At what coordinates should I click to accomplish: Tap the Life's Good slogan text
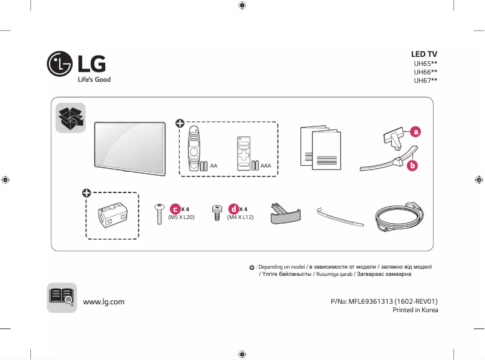click(93, 79)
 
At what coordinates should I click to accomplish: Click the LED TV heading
click(424, 54)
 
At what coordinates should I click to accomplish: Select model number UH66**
click(425, 71)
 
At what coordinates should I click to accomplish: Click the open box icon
click(71, 117)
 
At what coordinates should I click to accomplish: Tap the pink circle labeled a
click(415, 131)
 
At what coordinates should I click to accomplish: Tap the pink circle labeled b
click(412, 165)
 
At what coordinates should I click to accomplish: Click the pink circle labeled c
click(175, 209)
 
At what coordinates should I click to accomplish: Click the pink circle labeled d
click(233, 209)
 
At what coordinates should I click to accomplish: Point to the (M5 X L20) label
click(181, 217)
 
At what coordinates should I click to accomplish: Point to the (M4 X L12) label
click(239, 217)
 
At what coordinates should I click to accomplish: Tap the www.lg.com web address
click(103, 301)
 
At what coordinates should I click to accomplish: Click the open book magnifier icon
click(62, 297)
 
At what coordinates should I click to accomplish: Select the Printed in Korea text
click(415, 310)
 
